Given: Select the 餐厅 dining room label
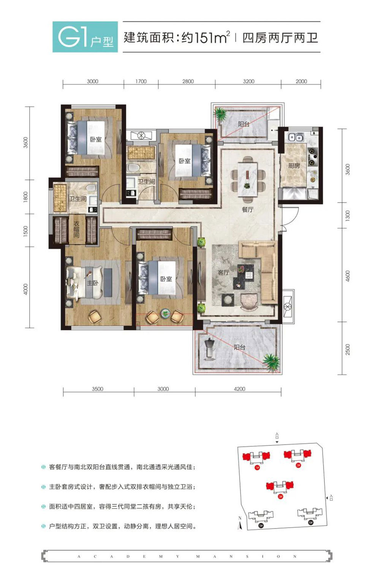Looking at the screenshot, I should [x=248, y=209].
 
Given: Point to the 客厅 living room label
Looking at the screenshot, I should [x=223, y=273].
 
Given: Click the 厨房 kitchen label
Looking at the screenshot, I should [x=294, y=166].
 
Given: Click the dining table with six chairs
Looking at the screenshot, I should [x=248, y=178].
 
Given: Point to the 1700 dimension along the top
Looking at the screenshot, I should [x=141, y=81].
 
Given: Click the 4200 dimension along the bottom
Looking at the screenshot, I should [x=239, y=389].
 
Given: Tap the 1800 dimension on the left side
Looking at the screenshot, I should [x=26, y=197].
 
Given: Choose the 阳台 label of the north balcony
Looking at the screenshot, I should [x=244, y=124].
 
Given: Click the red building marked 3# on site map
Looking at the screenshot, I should [x=280, y=487].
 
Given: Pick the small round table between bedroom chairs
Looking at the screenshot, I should [x=165, y=313].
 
